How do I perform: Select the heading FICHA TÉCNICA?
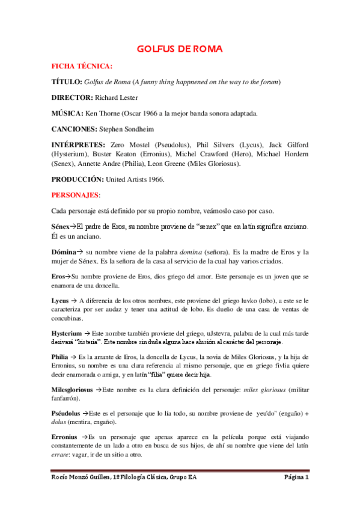coord(82,66)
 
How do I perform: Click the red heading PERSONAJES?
coord(75,195)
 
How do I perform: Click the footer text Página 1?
coord(296,478)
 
